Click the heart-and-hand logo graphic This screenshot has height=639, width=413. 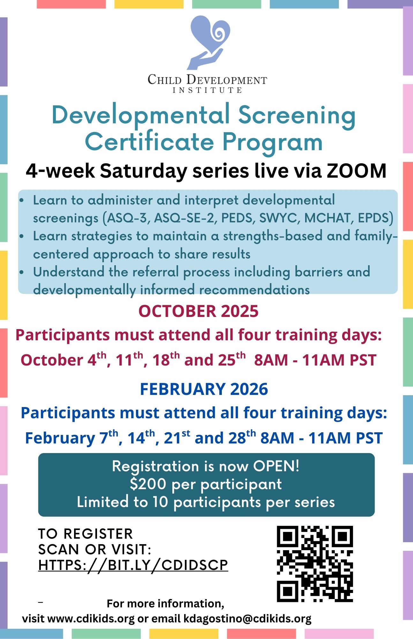click(x=208, y=43)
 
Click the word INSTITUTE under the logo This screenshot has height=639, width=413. click(x=207, y=90)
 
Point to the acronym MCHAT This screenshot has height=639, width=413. click(x=329, y=218)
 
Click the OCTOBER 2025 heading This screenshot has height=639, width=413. click(x=199, y=311)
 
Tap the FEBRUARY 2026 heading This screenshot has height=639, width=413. click(x=204, y=389)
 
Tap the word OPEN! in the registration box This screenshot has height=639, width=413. click(x=276, y=466)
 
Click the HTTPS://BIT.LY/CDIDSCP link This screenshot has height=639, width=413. click(x=133, y=565)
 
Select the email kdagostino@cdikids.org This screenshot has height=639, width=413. click(x=247, y=619)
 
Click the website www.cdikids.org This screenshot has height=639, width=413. click(x=91, y=619)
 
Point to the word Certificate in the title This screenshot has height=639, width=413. click(x=149, y=142)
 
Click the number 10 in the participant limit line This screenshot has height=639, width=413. click(x=160, y=502)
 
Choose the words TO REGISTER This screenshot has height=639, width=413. click(x=86, y=534)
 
